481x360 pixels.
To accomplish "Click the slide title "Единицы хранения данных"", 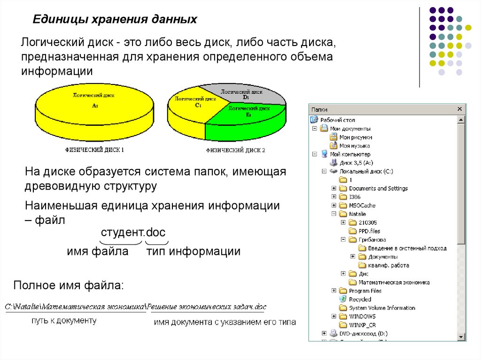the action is click(114, 21).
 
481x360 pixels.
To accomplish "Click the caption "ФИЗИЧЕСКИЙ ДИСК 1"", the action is click(94, 151).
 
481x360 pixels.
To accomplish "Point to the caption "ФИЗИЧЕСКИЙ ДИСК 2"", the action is click(235, 151).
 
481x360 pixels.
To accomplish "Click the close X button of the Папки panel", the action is click(460, 109).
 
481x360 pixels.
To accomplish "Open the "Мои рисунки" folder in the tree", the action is click(356, 137).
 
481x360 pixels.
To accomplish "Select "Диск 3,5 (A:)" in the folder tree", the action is click(356, 163).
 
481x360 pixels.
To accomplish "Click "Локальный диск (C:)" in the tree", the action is click(366, 171).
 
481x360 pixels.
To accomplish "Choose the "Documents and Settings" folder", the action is click(378, 188).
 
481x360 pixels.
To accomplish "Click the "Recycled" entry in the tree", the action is click(360, 299).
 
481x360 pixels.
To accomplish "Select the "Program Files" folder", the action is click(365, 291).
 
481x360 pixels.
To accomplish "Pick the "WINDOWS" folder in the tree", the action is click(362, 316).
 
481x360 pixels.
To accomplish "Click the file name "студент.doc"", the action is click(133, 233).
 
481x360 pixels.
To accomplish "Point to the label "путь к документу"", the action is click(64, 321).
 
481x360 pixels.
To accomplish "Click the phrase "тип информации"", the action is click(193, 252).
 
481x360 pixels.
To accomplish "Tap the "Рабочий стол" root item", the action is click(338, 120).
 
